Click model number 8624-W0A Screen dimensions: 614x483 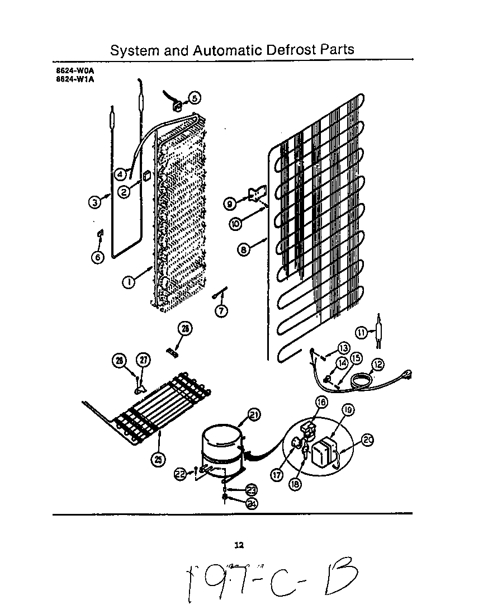[x=70, y=70]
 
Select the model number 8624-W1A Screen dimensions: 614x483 [x=70, y=79]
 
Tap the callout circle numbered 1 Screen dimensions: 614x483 [x=129, y=282]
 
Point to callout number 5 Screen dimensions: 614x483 [x=194, y=98]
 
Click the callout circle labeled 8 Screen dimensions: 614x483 [x=244, y=250]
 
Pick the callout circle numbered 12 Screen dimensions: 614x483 [x=378, y=365]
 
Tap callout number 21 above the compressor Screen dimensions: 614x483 [x=254, y=414]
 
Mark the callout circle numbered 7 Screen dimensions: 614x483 [x=222, y=311]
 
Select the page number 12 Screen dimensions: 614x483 [x=239, y=545]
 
